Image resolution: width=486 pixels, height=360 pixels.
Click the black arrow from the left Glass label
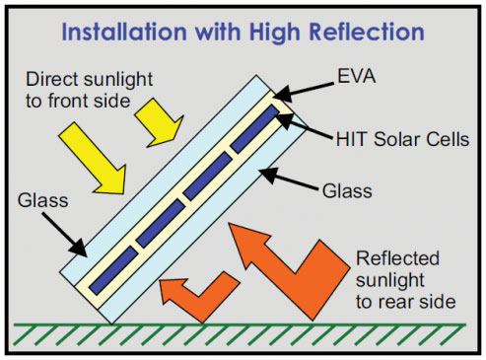coord(73,233)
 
